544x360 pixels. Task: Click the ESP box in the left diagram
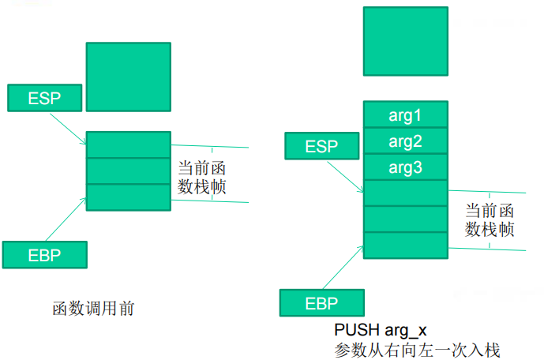pyautogui.click(x=44, y=97)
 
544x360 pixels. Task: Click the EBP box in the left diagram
pyautogui.click(x=44, y=254)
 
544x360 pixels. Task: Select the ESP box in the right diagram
pyautogui.click(x=321, y=146)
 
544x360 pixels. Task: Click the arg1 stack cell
pyautogui.click(x=405, y=115)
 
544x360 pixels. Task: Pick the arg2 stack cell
pyautogui.click(x=405, y=141)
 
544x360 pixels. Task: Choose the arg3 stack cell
pyautogui.click(x=405, y=167)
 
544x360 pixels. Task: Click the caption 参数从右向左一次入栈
pyautogui.click(x=418, y=348)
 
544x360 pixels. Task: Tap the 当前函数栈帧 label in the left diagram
pyautogui.click(x=202, y=178)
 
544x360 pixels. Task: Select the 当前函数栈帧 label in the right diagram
pyautogui.click(x=490, y=219)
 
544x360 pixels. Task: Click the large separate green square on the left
pyautogui.click(x=128, y=77)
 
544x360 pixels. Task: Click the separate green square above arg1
pyautogui.click(x=405, y=41)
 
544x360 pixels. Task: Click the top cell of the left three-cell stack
pyautogui.click(x=128, y=144)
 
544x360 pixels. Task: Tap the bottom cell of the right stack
pyautogui.click(x=405, y=245)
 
